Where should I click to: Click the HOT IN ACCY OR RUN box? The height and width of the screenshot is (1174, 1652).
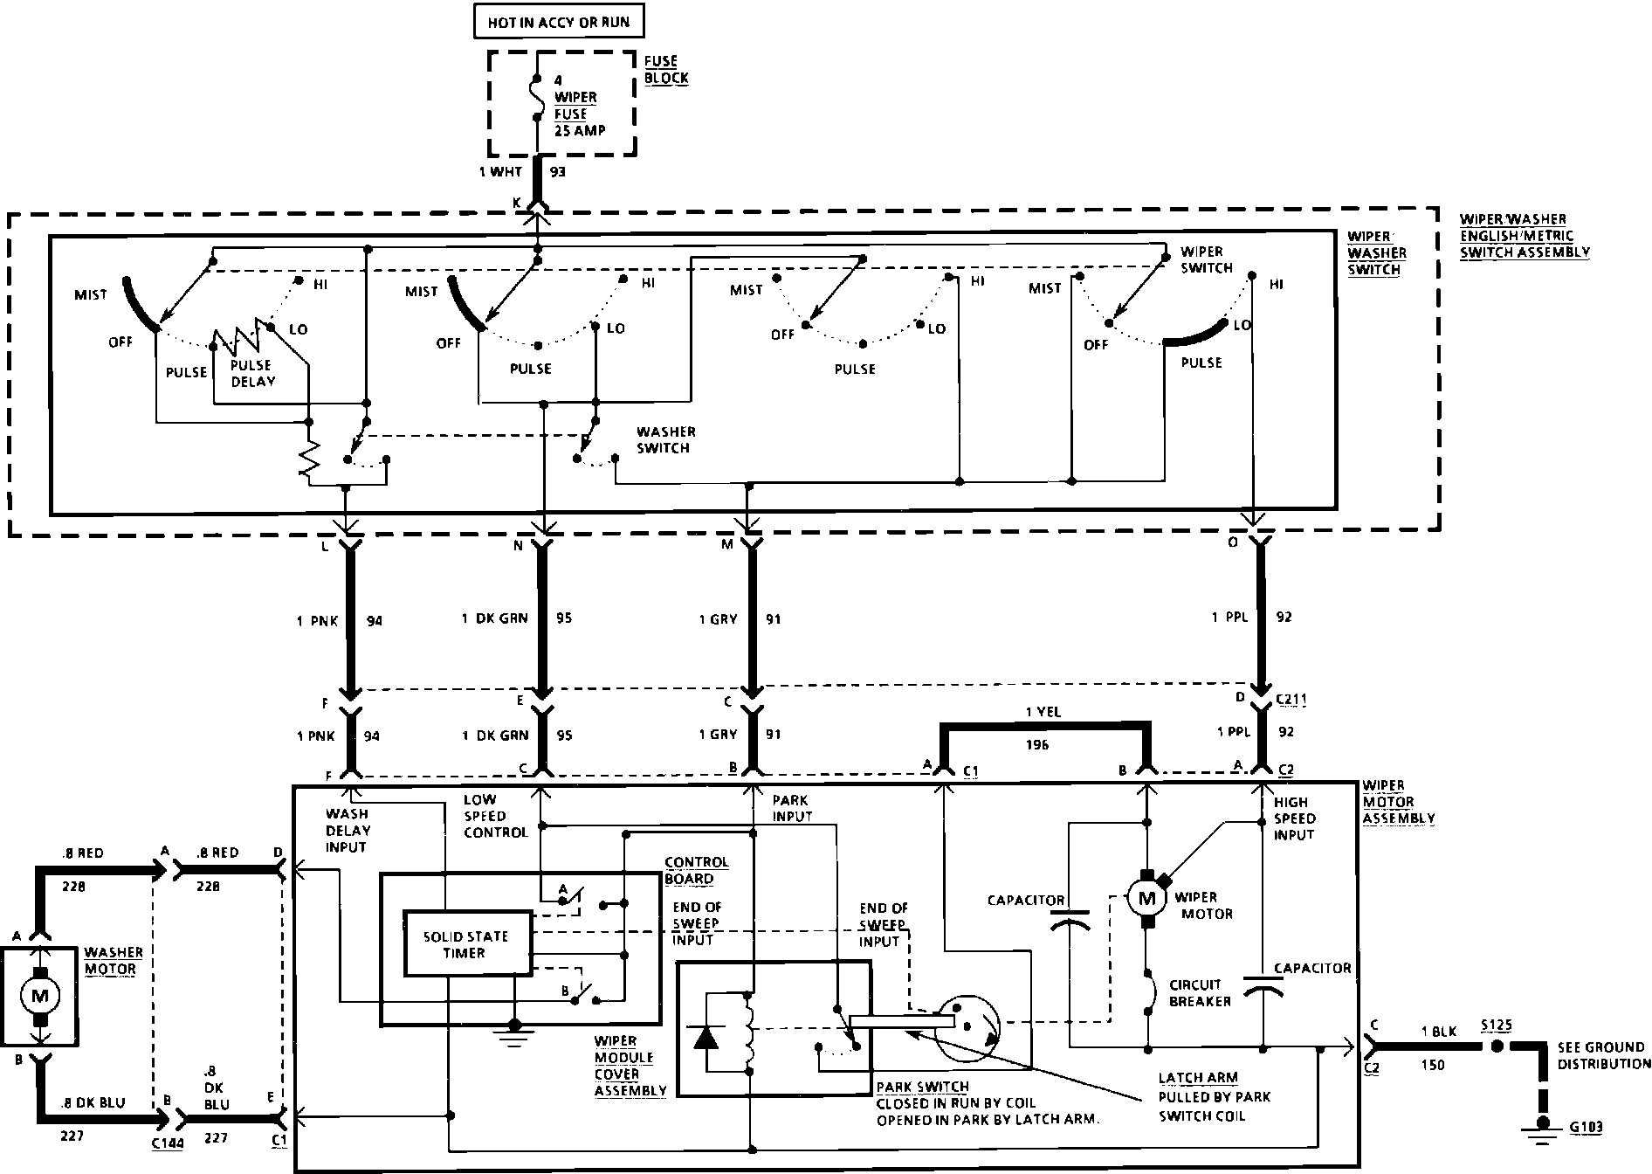(559, 22)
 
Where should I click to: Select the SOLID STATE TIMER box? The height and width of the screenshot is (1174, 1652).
(466, 944)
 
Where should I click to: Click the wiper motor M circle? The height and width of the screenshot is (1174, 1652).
(1146, 896)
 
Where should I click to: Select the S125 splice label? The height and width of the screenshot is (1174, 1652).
(1496, 1026)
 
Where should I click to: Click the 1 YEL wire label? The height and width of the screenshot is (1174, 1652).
(1043, 712)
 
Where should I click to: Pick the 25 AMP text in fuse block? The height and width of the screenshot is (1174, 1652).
(579, 131)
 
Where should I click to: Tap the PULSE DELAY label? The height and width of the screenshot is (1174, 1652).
(252, 373)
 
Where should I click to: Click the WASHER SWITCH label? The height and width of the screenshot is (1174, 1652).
(665, 439)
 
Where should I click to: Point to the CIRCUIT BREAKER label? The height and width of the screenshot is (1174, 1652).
(1200, 992)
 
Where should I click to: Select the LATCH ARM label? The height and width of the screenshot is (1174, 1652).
(1197, 1078)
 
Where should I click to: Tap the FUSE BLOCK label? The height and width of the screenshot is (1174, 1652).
(666, 70)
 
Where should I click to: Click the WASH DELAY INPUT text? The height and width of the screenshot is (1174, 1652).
(348, 831)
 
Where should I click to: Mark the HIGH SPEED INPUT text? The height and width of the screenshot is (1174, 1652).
(1294, 818)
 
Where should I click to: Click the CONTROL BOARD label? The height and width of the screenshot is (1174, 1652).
(696, 870)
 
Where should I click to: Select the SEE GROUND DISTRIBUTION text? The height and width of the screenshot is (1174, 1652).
(1604, 1055)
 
